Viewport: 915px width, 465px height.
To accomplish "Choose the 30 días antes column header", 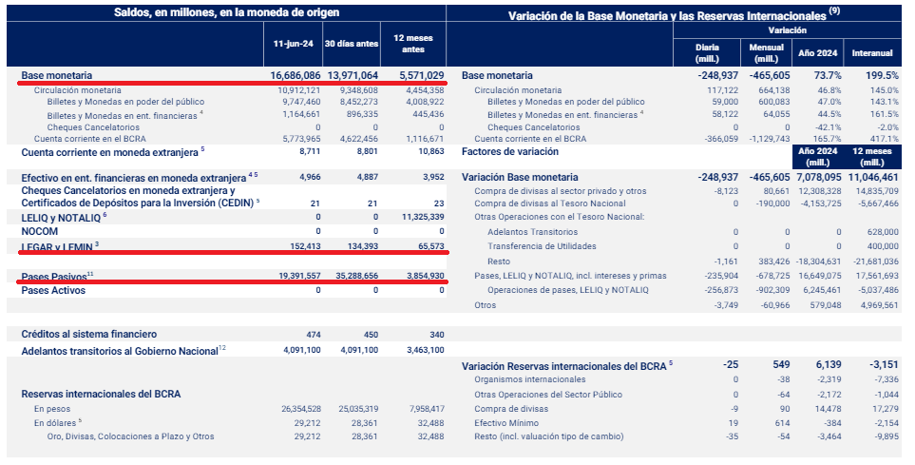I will coord(351,44).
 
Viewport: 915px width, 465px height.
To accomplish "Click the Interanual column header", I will coord(872,51).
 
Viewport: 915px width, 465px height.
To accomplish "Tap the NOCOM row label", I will coord(41,231).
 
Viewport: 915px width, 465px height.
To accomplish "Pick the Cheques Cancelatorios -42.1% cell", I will coord(826,126).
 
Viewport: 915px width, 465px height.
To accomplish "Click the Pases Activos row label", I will coord(53,289).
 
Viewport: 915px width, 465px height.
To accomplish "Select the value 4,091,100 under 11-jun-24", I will coord(301,350).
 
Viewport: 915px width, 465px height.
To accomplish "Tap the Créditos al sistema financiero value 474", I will coord(316,334).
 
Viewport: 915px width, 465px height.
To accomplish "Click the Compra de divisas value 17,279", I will coord(884,409).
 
